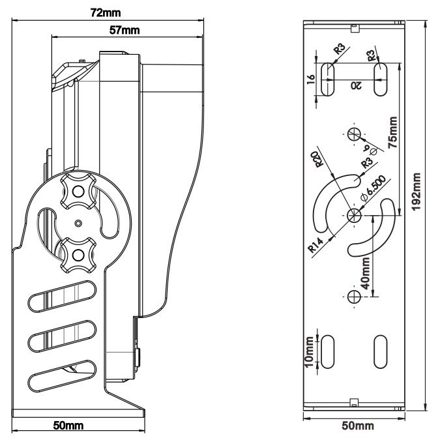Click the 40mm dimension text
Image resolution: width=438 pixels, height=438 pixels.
click(x=366, y=272)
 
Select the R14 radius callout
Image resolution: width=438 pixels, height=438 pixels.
click(x=315, y=247)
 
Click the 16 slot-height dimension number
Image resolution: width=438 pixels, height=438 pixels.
click(x=311, y=80)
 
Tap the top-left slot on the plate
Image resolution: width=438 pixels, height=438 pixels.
click(x=330, y=79)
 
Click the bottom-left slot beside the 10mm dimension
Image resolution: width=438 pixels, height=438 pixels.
click(x=330, y=352)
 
